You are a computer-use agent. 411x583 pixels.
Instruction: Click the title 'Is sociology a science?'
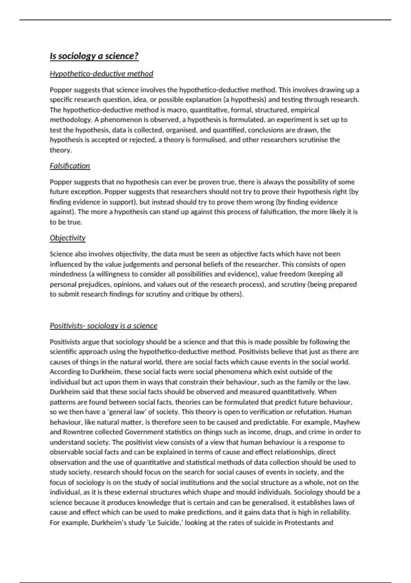(x=94, y=56)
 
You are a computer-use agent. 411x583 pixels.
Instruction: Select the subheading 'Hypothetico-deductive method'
(x=101, y=74)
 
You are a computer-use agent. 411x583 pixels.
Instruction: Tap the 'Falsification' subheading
(x=70, y=166)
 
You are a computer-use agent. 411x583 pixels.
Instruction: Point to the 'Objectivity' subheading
(x=67, y=238)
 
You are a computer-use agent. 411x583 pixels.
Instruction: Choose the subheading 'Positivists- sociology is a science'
(x=103, y=326)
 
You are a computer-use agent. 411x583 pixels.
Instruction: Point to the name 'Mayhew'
(x=347, y=422)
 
